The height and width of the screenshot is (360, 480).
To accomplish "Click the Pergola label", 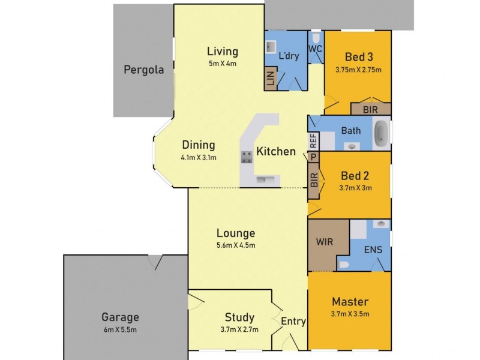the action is coord(143,70).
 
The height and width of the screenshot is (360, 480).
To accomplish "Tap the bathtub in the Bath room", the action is coord(382,133).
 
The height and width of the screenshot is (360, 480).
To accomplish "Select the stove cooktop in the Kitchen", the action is coord(247,157).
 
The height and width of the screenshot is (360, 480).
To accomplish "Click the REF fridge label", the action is coord(313,141).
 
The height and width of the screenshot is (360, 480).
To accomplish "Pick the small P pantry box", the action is coord(313,157).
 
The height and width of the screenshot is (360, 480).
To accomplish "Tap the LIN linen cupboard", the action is coord(271,79).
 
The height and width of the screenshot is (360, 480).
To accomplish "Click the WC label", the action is coord(316,49).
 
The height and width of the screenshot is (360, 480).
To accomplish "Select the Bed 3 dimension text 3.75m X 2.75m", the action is coord(358,70).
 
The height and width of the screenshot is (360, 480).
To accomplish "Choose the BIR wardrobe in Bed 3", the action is coord(371,109).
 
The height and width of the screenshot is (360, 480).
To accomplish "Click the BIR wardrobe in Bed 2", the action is coord(314,181).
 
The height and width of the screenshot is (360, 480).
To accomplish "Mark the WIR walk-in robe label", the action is coord(325,242).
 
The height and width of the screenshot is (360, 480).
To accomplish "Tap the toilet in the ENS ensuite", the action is coord(343,265).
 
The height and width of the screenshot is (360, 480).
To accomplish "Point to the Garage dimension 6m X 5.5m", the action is coord(120,329).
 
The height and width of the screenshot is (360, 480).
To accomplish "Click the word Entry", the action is coord(293,322).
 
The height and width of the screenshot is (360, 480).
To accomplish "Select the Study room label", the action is coord(239,317).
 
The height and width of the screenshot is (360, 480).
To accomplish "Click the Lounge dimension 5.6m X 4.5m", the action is coord(236,245).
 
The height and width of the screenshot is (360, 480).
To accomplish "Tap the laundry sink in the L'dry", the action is coord(271,47).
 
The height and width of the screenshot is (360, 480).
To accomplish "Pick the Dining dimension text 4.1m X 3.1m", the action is coord(199,158).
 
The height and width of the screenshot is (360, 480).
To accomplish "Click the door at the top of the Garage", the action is coord(155,262).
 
